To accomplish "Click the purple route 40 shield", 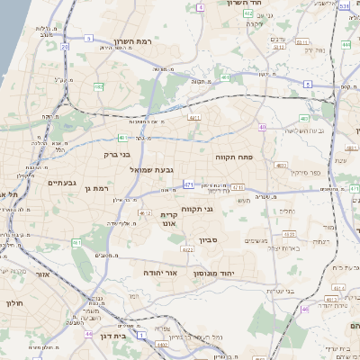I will pyautogui.click(x=262, y=127).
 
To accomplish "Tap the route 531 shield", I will pyautogui.click(x=345, y=6).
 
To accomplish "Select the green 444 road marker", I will pyautogui.click(x=346, y=43).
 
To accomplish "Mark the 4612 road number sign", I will pyautogui.click(x=145, y=213).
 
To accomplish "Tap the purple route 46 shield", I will pyautogui.click(x=305, y=309).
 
